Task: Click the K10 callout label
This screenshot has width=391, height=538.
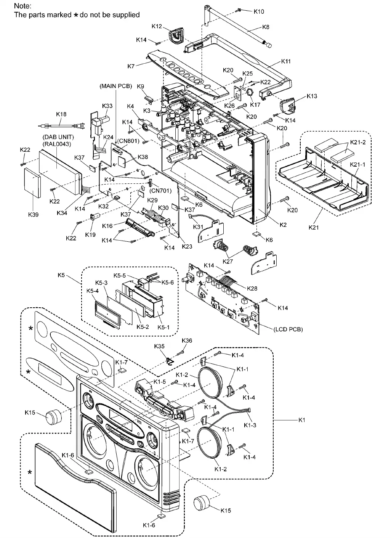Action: (259, 11)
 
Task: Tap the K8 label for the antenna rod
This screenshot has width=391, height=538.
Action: (266, 27)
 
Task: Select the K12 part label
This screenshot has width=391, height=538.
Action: (157, 26)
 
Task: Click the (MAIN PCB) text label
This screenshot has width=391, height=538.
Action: (116, 86)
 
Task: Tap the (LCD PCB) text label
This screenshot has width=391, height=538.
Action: (288, 329)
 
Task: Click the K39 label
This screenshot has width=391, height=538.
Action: (33, 215)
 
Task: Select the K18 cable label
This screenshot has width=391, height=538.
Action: (61, 114)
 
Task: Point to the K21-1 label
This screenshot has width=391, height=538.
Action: (357, 165)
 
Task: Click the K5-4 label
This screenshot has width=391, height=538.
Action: (93, 291)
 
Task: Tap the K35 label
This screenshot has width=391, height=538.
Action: (159, 346)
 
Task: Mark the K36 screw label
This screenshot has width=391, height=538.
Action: (187, 340)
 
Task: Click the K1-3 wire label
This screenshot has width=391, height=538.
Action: (250, 425)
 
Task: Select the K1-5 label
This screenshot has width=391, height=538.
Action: (159, 382)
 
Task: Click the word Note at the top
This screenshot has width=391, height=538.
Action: (22, 6)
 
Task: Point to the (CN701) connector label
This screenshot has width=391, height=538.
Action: (160, 191)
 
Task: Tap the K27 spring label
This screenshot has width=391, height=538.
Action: (228, 262)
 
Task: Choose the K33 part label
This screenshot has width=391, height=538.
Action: (107, 106)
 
